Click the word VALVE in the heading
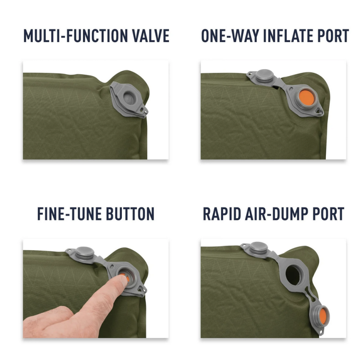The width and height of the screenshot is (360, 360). (x=151, y=35)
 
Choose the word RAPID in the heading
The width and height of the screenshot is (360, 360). (x=222, y=214)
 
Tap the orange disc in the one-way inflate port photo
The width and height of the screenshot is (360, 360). (x=306, y=98)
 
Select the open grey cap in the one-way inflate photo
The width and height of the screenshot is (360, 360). (x=265, y=76)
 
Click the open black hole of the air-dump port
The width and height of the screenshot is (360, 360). (x=293, y=275)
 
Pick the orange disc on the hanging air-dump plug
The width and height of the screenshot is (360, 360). (x=323, y=316)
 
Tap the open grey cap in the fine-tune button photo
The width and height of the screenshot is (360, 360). (x=85, y=253)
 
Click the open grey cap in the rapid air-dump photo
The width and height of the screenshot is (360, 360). (x=259, y=248)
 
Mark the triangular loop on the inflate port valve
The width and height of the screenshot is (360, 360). (x=318, y=112)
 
